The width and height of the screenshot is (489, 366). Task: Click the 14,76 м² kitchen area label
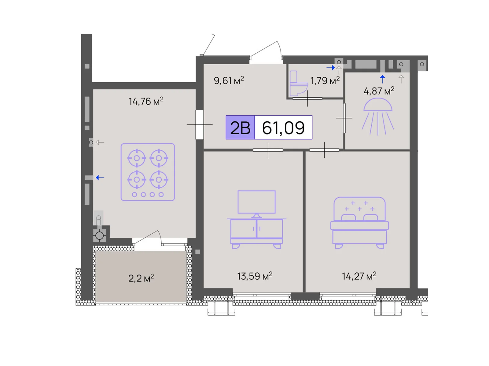pos(146,101)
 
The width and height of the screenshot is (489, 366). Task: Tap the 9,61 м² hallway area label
pos(229,81)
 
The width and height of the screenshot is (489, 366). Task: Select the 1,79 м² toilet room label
pos(325,81)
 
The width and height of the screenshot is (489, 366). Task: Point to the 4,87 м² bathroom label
pos(379,91)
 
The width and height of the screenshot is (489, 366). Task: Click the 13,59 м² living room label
pos(255,276)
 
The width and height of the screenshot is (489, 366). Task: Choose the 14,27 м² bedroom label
pos(359,276)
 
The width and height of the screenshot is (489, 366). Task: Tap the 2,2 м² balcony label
pos(141,278)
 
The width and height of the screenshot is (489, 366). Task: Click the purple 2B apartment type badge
pos(240,127)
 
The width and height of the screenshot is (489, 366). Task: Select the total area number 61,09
pos(283,128)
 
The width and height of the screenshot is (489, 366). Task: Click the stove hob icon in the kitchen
pos(148,172)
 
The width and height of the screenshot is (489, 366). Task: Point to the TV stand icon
pos(256,220)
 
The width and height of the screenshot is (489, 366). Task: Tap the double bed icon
pos(359,223)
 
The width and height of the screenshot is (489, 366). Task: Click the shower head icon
pos(378,117)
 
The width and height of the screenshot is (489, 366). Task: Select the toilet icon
pos(299,83)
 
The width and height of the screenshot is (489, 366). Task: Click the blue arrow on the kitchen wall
pos(100,178)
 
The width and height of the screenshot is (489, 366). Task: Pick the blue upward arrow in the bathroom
pos(383,79)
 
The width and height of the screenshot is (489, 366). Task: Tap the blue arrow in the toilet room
pos(331,67)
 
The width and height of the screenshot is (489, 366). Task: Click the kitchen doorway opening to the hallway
pos(200,125)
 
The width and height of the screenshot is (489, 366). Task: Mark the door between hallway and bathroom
pos(344,118)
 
